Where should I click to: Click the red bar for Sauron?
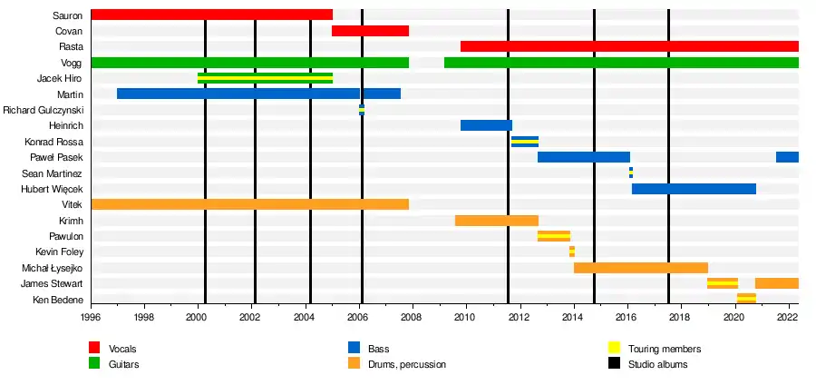211,15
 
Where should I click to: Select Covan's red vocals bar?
370,31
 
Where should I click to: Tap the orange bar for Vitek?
249,204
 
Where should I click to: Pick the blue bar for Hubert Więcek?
694,189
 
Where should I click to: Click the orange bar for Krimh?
496,221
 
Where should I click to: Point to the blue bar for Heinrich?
486,125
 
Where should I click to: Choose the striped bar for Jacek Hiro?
265,78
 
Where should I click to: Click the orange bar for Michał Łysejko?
640,268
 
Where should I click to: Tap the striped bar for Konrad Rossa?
524,142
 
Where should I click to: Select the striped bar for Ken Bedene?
746,299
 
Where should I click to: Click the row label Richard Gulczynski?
43,110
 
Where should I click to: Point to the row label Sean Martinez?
52,173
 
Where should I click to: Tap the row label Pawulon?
65,236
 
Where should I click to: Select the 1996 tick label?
91,318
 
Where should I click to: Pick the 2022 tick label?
786,318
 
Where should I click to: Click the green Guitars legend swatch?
94,364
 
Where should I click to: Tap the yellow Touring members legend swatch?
614,349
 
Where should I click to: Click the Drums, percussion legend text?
406,364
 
